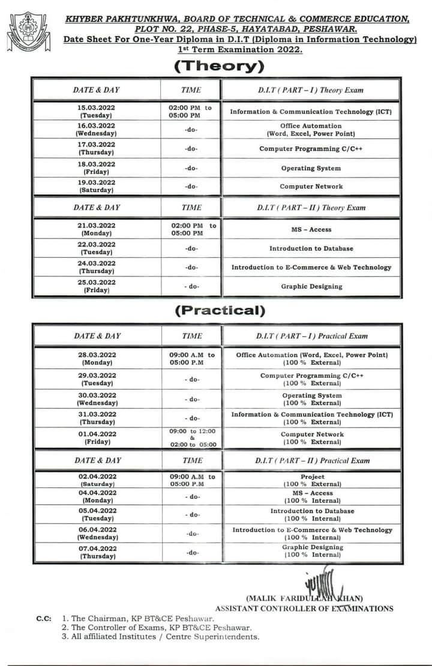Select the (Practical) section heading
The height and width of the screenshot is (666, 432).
point(219,311)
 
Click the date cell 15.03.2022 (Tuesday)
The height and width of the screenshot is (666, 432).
point(97,111)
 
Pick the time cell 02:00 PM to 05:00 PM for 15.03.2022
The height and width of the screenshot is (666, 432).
point(191,111)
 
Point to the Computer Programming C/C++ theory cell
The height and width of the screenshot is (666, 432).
point(310,149)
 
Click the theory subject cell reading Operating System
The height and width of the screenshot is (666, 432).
point(310,168)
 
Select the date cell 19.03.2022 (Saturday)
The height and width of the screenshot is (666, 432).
point(97,186)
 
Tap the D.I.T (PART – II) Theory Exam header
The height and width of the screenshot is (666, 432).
point(310,207)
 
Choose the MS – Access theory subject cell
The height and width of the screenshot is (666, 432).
point(310,230)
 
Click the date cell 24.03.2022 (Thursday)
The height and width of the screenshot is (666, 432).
point(97,267)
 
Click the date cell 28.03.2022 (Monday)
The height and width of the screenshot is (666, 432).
point(97,358)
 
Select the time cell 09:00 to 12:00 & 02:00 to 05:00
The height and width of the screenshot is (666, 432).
point(192,438)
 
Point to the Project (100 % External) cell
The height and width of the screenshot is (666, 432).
point(312,480)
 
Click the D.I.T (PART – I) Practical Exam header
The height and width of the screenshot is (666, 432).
point(312,336)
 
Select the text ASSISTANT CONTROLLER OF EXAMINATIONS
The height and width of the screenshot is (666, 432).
point(304,608)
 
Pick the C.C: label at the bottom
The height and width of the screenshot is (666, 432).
point(43,618)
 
